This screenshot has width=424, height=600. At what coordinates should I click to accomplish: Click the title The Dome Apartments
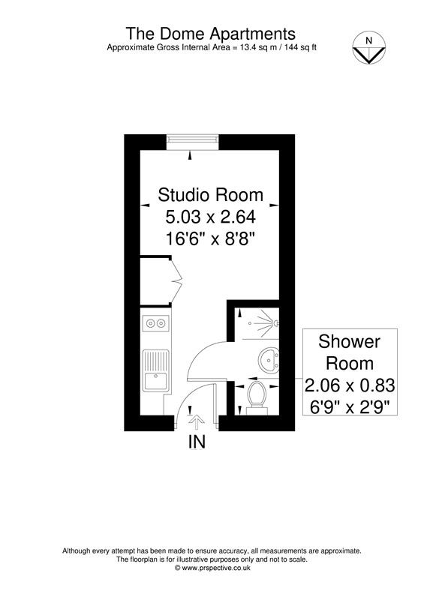pos(210,34)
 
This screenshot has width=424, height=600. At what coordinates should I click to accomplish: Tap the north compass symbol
pos(368,48)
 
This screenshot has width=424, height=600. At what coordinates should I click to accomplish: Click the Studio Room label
pos(210,196)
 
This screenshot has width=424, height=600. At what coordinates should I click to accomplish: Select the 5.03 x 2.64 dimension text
pos(210,218)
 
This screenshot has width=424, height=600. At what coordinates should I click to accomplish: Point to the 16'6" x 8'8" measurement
pos(210,240)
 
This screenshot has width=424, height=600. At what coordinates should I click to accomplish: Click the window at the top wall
pos(193,139)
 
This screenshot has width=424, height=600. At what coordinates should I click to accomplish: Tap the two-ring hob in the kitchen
pos(156,324)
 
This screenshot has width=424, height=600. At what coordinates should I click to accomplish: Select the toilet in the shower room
pos(255,397)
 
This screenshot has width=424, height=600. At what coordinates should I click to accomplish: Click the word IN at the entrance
pos(196,442)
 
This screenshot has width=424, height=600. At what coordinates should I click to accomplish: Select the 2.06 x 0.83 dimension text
pos(350,386)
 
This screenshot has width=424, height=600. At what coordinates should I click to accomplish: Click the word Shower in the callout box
pos(350,342)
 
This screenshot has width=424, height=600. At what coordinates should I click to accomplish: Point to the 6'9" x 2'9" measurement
pos(350,408)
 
